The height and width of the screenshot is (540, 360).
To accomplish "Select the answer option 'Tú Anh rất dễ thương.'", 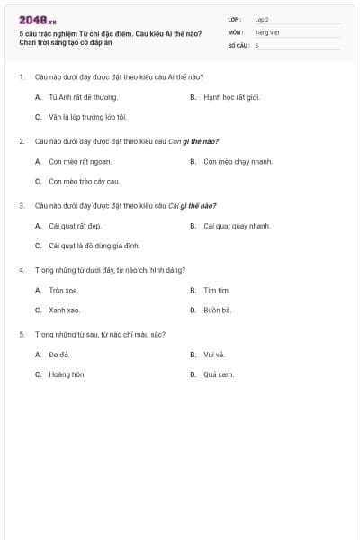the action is click(83, 97).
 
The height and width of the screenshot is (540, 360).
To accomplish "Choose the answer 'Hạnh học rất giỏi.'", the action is click(231, 97).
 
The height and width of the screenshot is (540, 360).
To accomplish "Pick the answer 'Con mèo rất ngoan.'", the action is click(80, 162).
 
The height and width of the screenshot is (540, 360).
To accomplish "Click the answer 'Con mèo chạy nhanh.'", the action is click(238, 162).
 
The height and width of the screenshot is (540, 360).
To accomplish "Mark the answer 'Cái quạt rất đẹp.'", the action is click(79, 226).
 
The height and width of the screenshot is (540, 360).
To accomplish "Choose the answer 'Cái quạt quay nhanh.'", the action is click(237, 226).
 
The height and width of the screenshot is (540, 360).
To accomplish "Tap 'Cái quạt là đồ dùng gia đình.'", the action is click(94, 246).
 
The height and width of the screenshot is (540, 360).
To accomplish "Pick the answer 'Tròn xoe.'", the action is click(64, 291).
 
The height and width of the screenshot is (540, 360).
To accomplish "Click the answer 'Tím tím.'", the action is click(217, 291).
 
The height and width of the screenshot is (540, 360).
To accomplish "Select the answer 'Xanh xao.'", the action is click(65, 310).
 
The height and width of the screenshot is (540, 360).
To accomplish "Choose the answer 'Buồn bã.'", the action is click(218, 310).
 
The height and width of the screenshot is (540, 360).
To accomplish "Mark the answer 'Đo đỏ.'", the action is click(60, 355).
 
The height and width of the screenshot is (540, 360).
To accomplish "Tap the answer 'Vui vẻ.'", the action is click(214, 355).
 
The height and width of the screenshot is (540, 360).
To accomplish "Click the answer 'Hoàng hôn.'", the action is click(67, 374).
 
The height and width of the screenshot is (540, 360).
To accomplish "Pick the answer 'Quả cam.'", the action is click(218, 374).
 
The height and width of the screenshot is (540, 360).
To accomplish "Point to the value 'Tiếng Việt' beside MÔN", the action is click(267, 31).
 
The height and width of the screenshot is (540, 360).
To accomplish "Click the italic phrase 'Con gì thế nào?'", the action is click(193, 141).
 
